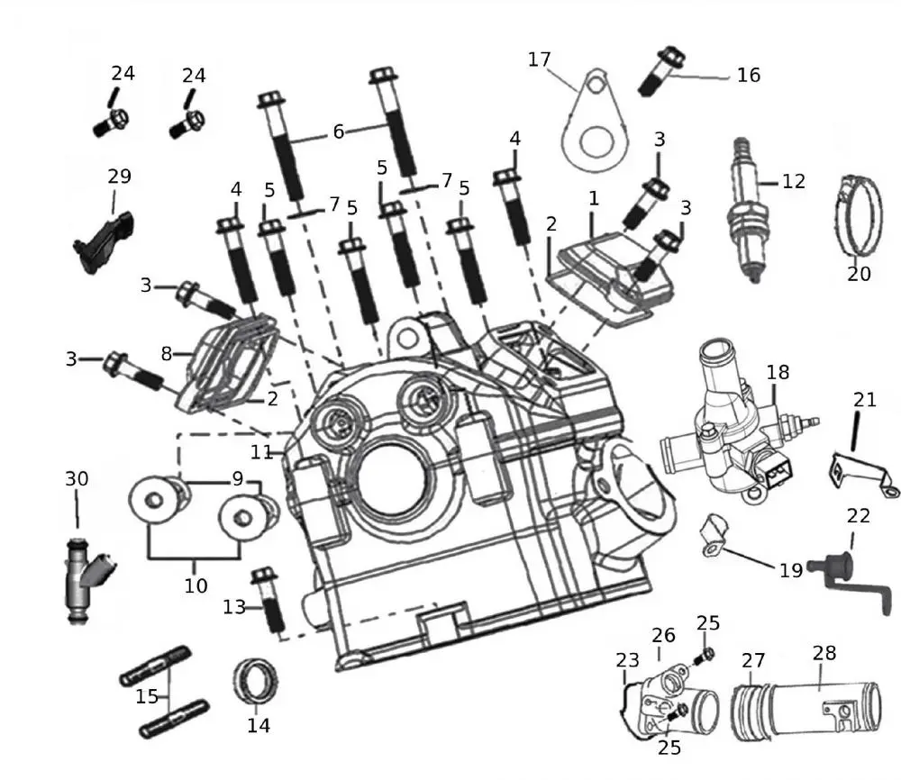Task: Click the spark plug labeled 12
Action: pos(747,212)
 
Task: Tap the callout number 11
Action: pos(261,451)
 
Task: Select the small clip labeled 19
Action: pos(712,533)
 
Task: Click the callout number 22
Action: pos(859,515)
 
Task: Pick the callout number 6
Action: pos(338,132)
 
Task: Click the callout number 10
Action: pos(196,585)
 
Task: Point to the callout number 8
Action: pos(166,354)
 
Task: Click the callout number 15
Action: pos(147,696)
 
